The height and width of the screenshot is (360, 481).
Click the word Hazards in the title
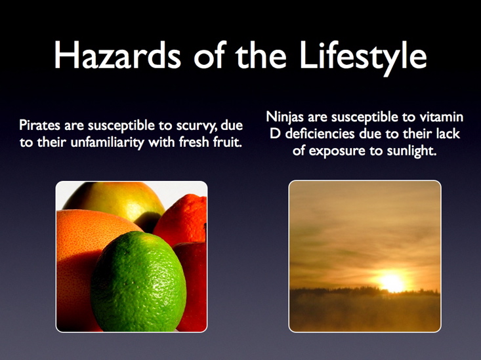tap(117, 55)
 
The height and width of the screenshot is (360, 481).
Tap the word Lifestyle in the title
tap(363, 58)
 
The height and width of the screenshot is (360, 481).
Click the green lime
tap(138, 281)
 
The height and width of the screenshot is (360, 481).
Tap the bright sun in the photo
tap(391, 282)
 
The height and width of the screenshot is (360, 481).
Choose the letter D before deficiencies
tap(275, 134)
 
